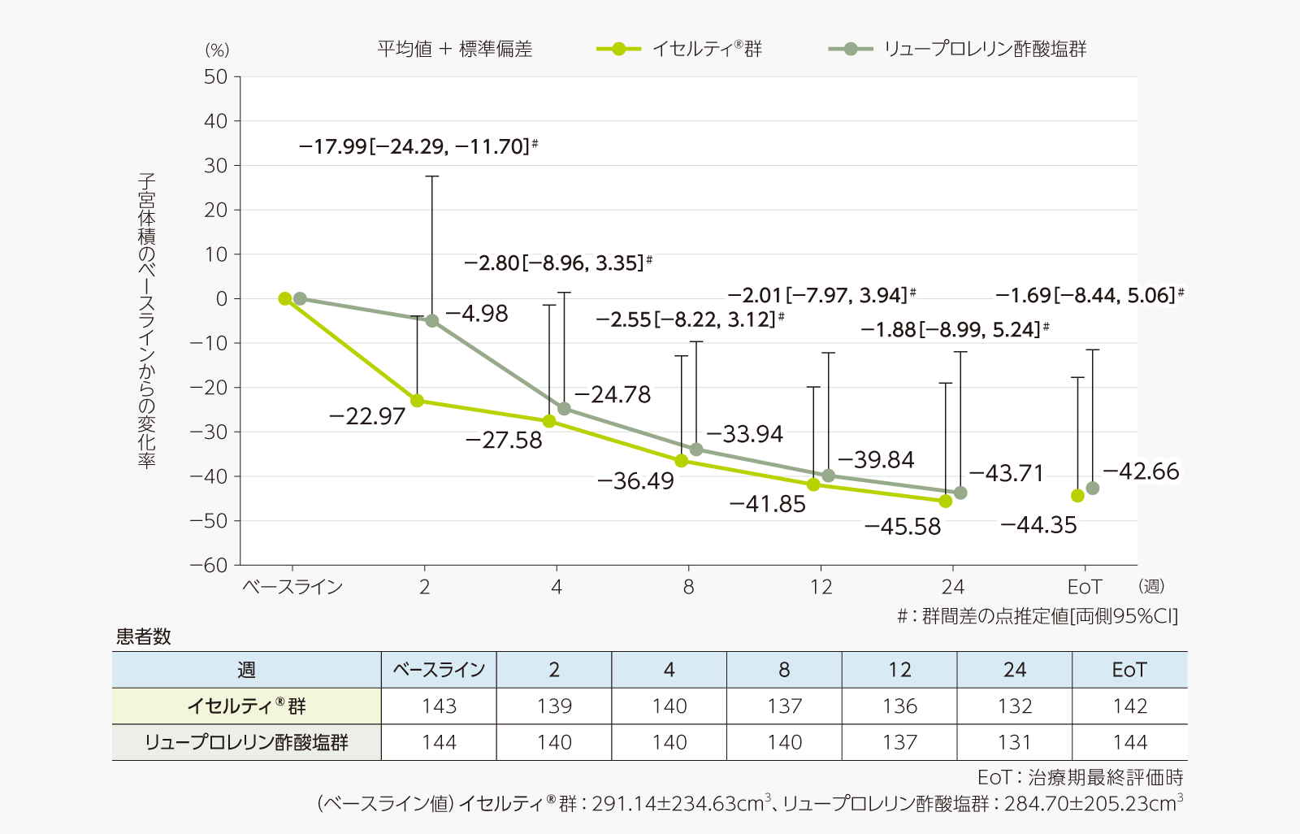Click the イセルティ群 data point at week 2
point(417,401)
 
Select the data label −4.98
point(477,314)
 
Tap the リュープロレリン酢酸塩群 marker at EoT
point(1093,489)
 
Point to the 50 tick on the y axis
point(216,77)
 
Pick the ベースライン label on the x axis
point(292,587)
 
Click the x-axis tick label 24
point(952,587)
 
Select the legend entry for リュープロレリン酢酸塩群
point(959,49)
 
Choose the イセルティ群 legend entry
point(680,49)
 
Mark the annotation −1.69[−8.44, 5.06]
point(1089,295)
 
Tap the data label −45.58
point(903,527)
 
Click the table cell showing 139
point(554,706)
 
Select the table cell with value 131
point(1015,742)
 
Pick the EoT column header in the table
point(1129,670)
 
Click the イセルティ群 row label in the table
point(246,706)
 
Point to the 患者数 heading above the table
point(144,636)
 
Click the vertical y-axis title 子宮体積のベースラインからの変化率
point(146,320)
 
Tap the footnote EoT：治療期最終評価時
point(1080,778)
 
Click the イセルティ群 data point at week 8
point(682,461)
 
